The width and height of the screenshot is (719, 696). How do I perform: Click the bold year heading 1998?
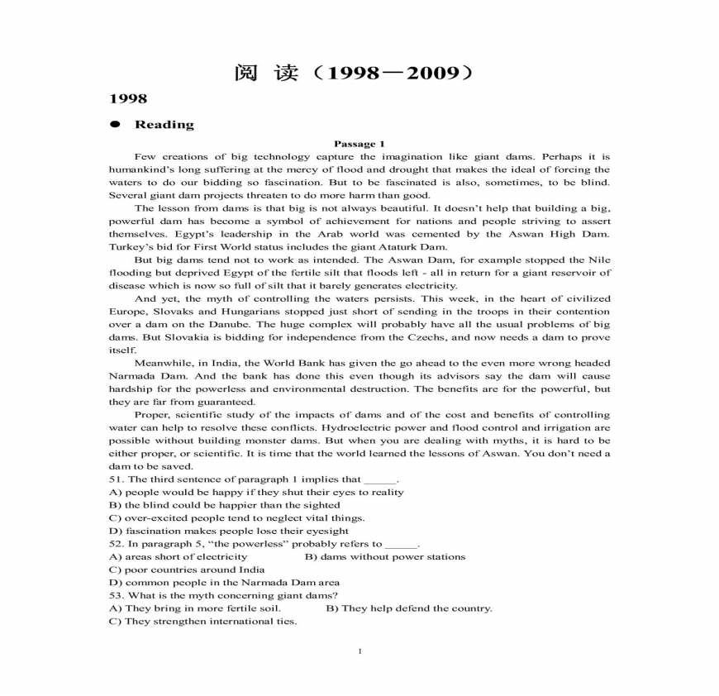pos(128,99)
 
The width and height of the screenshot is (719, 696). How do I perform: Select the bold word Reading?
pos(164,125)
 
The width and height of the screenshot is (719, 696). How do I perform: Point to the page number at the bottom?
pos(359,651)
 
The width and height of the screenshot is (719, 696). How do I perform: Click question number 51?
pos(116,479)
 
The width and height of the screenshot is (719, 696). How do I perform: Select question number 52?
pos(116,544)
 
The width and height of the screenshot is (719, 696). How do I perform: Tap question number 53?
pos(116,595)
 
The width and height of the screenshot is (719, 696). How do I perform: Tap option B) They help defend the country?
pos(409,608)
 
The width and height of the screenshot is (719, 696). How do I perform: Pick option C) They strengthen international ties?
pos(202,621)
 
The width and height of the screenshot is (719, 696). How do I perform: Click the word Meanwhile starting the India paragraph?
pos(161,363)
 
